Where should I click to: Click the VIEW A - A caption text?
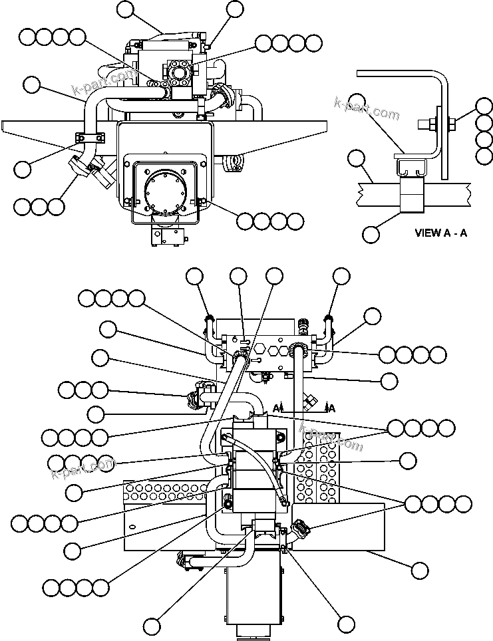[440, 233]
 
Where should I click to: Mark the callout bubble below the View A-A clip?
[371, 233]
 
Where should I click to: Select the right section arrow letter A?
[331, 408]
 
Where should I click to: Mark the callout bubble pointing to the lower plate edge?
[419, 570]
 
